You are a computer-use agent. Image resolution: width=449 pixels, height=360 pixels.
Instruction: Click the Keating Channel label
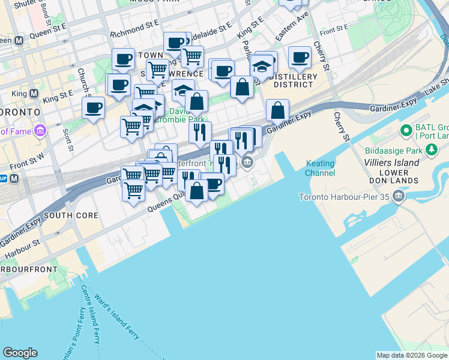[320, 168]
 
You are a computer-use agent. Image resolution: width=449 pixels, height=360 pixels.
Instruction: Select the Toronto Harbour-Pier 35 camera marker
[398, 196]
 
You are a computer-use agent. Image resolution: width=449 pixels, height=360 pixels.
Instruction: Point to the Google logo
[20, 353]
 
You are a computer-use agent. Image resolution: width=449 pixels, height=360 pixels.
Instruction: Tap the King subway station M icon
[34, 94]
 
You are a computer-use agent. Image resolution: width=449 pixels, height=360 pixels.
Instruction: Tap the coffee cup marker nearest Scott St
[94, 109]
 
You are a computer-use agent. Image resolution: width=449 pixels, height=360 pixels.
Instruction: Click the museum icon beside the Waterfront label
[247, 162]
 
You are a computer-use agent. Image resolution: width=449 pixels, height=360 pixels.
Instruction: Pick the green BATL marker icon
[405, 129]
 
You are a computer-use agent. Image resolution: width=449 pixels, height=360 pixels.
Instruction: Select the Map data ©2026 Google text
[412, 355]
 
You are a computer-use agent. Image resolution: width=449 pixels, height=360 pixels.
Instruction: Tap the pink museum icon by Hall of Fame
[40, 130]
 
